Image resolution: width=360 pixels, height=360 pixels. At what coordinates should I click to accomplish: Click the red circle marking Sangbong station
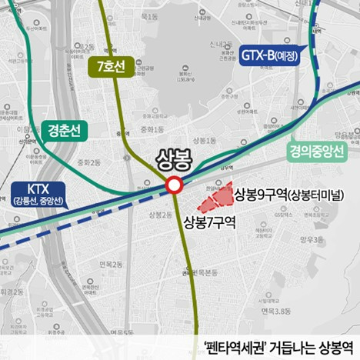click(x=175, y=185)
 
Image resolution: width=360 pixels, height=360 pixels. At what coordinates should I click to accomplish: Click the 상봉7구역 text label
click(x=210, y=223)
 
